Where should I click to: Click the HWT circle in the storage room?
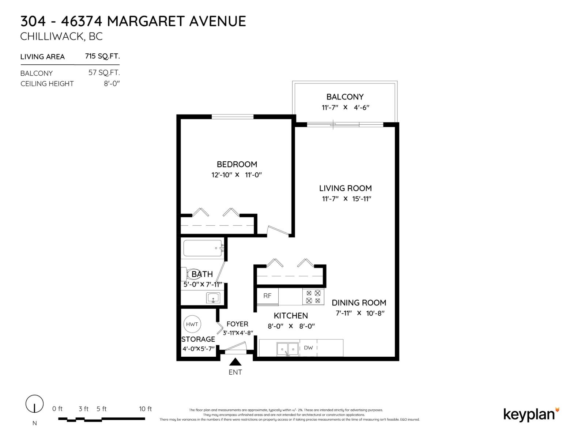click(192, 324)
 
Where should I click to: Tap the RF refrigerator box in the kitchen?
click(267, 296)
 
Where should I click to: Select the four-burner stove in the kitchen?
click(313, 297)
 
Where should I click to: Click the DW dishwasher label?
click(308, 348)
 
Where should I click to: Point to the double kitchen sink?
click(288, 349)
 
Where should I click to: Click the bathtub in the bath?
click(203, 248)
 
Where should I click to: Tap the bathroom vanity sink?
click(213, 298)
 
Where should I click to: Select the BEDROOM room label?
click(237, 164)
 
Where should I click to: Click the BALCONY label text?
click(345, 97)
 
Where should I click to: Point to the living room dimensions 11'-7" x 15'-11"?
click(345, 199)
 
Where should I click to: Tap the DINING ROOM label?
click(359, 303)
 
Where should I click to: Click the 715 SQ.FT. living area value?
click(102, 56)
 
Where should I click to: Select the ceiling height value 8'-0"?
click(112, 83)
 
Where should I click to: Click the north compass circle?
click(34, 404)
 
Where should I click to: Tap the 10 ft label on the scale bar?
click(145, 409)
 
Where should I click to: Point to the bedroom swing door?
click(279, 231)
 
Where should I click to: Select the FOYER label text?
click(237, 324)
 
